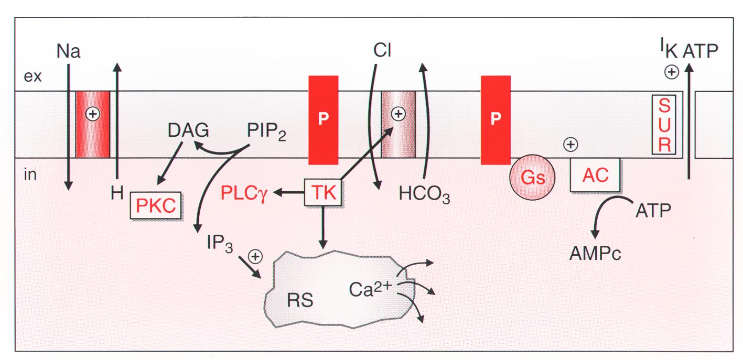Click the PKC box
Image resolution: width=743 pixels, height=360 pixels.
coord(156,205)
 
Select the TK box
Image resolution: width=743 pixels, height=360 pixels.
coord(323,192)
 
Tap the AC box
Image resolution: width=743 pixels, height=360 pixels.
coord(595,175)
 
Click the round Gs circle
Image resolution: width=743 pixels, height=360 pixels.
coord(532,177)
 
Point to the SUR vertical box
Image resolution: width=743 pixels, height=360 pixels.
coord(664,125)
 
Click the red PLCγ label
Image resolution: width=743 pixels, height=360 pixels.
coord(244,193)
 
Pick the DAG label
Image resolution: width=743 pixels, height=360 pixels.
coord(188,130)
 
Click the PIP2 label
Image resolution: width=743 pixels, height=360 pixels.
coord(266,132)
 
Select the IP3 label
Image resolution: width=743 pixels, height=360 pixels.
coord(220,244)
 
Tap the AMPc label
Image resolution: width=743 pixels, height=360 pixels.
coord(595,254)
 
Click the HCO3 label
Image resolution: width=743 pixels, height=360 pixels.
coord(424,194)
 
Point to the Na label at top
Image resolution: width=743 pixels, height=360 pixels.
coord(68,51)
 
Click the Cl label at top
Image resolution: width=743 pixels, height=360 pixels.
coord(382,50)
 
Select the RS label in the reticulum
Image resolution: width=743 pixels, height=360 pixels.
coord(300,300)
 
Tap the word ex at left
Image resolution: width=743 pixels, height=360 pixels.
coord(33,77)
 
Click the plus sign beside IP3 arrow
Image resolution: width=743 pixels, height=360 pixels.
coord(255,257)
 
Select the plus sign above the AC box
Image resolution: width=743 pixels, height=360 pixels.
coord(570,145)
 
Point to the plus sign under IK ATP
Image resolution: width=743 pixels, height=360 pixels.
coord(672,72)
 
